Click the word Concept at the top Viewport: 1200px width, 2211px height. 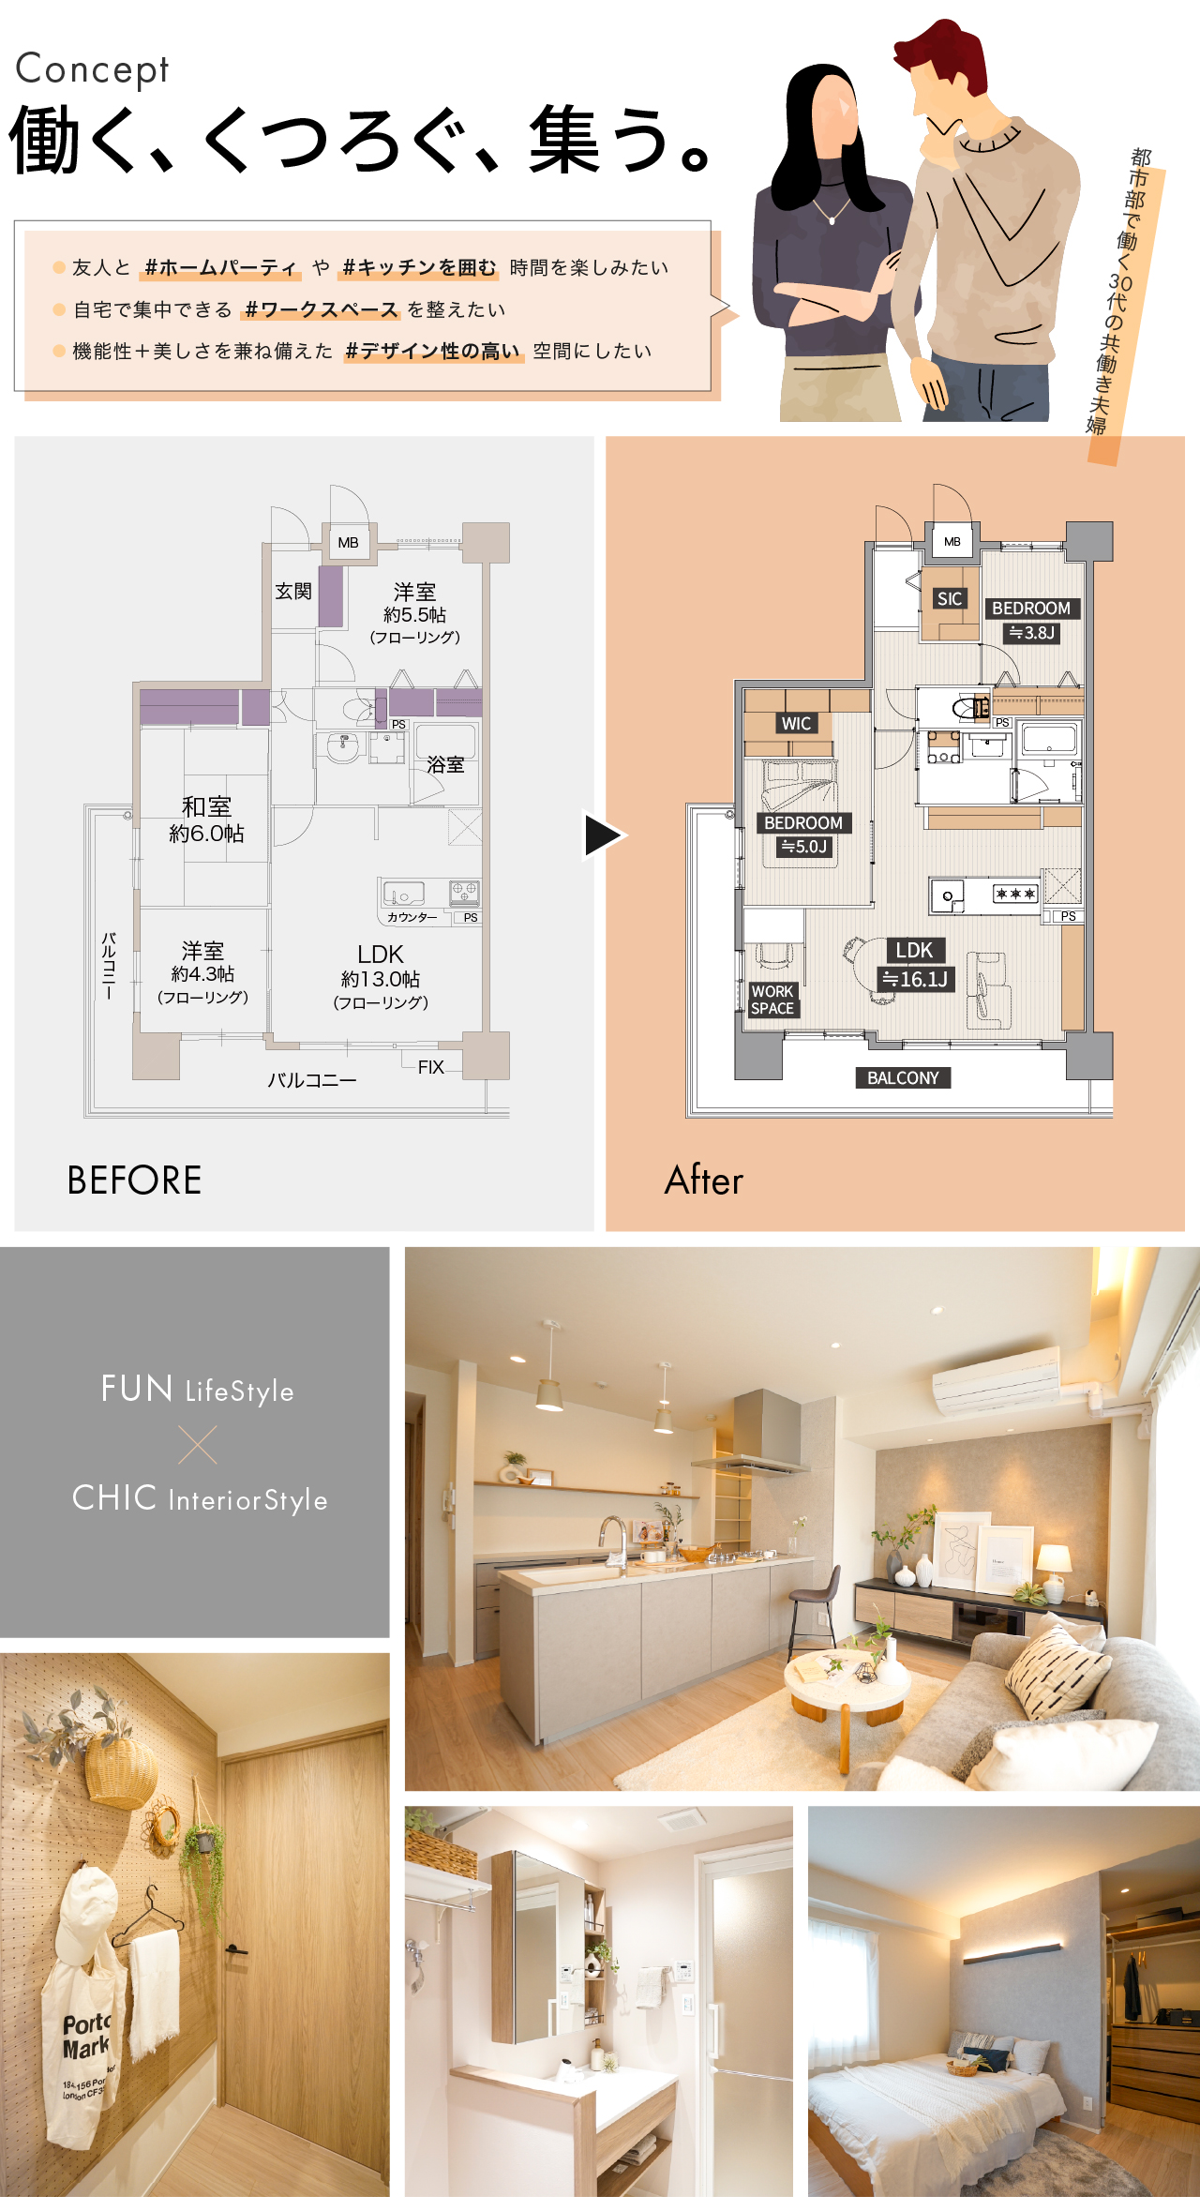tap(92, 69)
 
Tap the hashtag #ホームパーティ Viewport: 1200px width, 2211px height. tap(220, 268)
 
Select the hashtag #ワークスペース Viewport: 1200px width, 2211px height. tap(322, 309)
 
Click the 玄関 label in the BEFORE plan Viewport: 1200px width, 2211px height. tap(293, 591)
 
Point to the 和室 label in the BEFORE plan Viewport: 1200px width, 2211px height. tap(206, 806)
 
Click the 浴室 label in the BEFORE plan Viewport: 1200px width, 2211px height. tap(445, 765)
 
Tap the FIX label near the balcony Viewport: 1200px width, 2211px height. tap(431, 1067)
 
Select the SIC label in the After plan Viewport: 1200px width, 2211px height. tap(950, 599)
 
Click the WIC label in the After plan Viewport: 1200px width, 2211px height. tap(796, 723)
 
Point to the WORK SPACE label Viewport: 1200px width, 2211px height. tap(772, 1000)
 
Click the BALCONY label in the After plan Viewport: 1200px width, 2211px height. tap(903, 1078)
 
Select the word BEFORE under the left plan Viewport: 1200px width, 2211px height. tap(134, 1181)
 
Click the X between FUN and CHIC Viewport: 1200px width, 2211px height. tap(198, 1445)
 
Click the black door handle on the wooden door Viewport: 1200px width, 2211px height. tap(235, 1950)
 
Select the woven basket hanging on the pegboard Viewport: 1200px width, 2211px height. tap(121, 1770)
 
